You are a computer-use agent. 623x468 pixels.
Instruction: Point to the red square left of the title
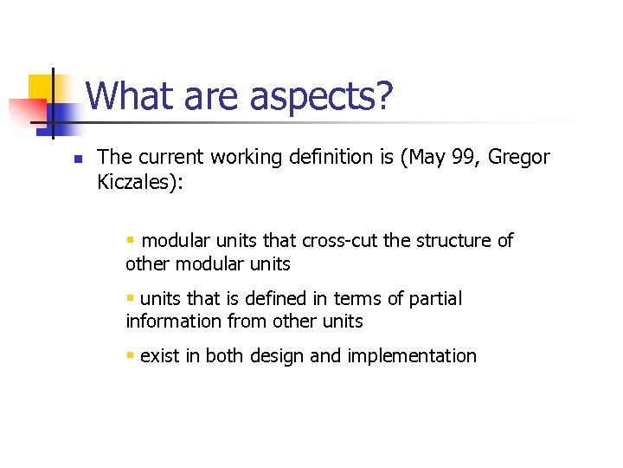26,112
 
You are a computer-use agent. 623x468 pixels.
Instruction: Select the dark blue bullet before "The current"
53,159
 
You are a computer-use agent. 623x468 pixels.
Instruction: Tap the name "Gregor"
519,158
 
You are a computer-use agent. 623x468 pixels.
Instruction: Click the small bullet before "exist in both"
130,355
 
